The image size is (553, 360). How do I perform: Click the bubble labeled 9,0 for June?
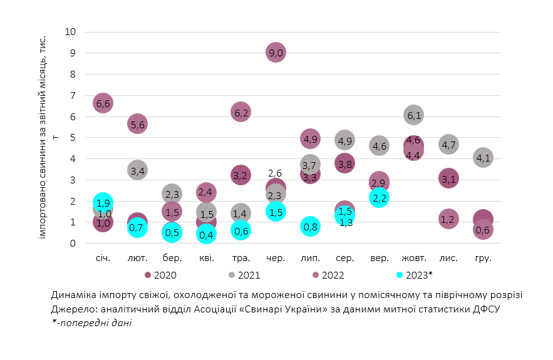click(276, 53)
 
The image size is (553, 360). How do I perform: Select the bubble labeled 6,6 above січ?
click(103, 103)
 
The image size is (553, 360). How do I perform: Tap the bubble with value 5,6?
click(138, 124)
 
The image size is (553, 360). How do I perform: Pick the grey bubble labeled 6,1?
click(413, 115)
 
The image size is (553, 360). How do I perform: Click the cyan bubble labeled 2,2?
click(379, 198)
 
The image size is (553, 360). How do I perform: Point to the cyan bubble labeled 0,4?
click(206, 235)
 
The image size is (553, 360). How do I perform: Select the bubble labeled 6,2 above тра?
click(241, 113)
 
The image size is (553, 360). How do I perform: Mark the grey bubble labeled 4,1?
click(482, 158)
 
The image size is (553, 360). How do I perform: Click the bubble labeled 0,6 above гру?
click(482, 230)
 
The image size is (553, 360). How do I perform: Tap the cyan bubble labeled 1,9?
click(104, 202)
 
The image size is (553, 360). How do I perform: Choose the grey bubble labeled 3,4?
click(138, 170)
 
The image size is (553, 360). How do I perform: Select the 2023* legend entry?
click(416, 274)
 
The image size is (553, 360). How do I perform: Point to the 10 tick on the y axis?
click(70, 32)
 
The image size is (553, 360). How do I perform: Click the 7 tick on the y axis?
click(73, 95)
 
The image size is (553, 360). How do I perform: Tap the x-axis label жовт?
click(413, 258)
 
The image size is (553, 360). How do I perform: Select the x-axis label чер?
click(276, 258)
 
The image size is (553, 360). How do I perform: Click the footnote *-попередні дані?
click(92, 322)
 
